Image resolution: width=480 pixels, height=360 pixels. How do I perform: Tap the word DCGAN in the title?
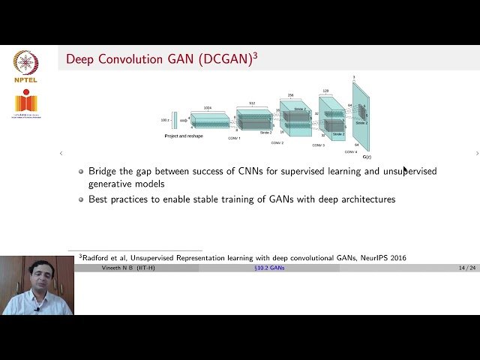[225, 59]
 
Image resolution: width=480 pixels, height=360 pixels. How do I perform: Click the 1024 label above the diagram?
[207, 108]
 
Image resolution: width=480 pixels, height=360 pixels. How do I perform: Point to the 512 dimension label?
[252, 103]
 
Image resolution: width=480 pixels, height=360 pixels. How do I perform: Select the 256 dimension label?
[291, 95]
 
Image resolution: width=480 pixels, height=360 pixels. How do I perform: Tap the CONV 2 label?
[277, 142]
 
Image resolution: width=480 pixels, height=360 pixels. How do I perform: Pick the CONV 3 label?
[318, 145]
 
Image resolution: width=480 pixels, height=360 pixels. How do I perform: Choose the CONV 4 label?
[351, 151]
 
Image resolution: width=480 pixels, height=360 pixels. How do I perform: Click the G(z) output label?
[367, 157]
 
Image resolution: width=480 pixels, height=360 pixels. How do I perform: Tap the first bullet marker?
[82, 172]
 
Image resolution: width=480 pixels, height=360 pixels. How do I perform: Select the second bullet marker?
[82, 199]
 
